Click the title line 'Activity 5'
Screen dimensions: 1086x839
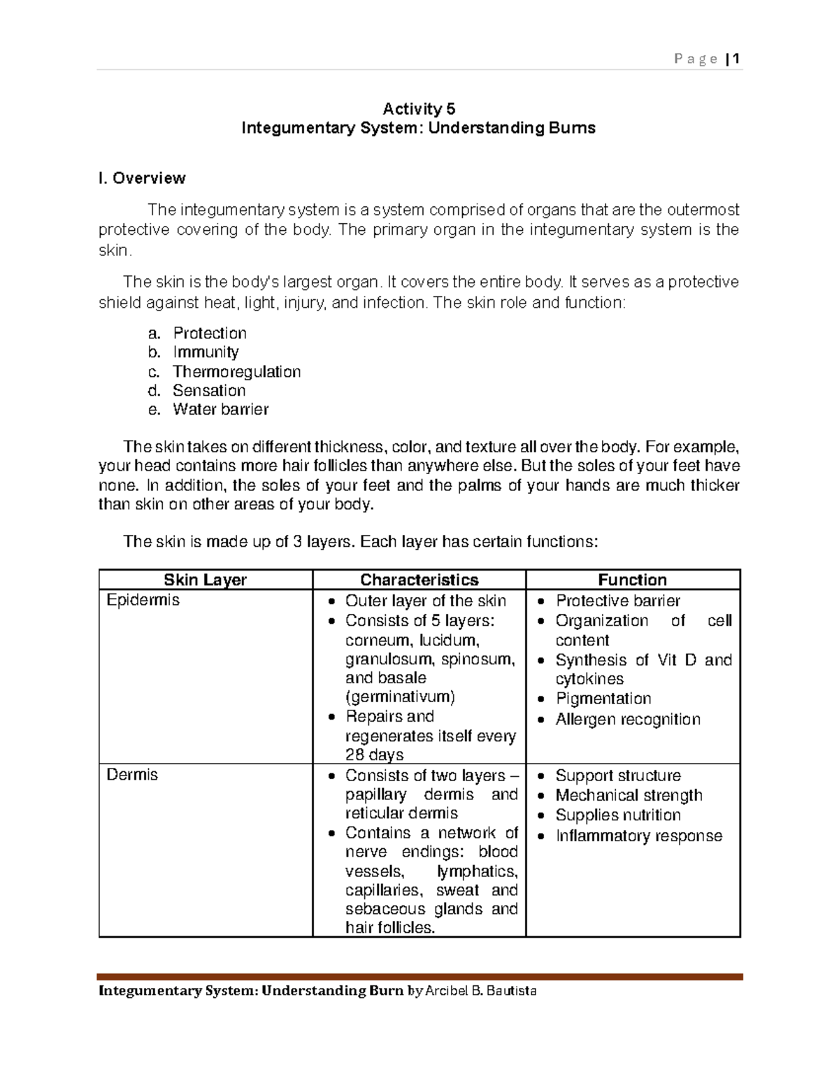point(419,108)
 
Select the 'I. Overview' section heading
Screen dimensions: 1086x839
point(142,178)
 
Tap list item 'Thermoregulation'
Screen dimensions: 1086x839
point(236,371)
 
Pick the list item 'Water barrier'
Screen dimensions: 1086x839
point(220,409)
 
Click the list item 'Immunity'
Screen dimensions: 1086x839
point(206,352)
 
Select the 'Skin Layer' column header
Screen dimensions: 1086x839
point(205,580)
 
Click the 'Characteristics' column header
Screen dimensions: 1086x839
point(419,580)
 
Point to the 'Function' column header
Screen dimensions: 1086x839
point(632,580)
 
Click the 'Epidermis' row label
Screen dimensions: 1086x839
point(143,600)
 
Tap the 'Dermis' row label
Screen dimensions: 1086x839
point(132,775)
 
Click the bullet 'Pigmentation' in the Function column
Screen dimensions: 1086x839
point(603,699)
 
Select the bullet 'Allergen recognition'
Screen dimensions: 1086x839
point(627,719)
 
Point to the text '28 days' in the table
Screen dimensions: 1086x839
point(374,755)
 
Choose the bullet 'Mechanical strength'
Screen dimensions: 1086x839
point(629,795)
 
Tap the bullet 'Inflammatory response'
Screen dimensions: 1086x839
point(638,836)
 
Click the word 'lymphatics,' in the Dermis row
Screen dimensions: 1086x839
point(477,871)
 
